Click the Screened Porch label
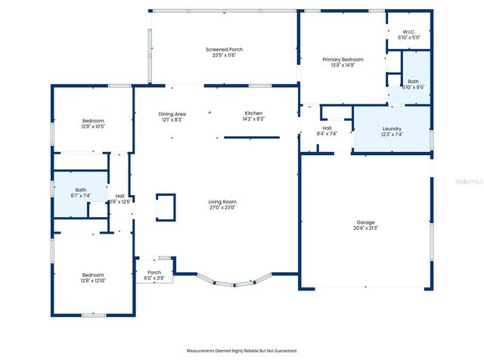[x=224, y=49]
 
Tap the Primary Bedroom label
[x=343, y=59]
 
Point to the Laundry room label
[x=392, y=129]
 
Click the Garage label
[x=365, y=222]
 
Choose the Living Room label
[x=223, y=201]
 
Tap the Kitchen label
[x=253, y=113]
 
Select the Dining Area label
[x=172, y=113]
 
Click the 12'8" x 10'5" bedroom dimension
[x=93, y=126]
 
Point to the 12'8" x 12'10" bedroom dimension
[x=93, y=281]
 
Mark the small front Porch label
[x=154, y=272]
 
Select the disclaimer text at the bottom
[x=242, y=351]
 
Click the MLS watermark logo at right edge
[x=470, y=182]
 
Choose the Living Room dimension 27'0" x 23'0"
[x=223, y=207]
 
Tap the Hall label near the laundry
[x=327, y=129]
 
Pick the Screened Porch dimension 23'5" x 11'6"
[x=224, y=55]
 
